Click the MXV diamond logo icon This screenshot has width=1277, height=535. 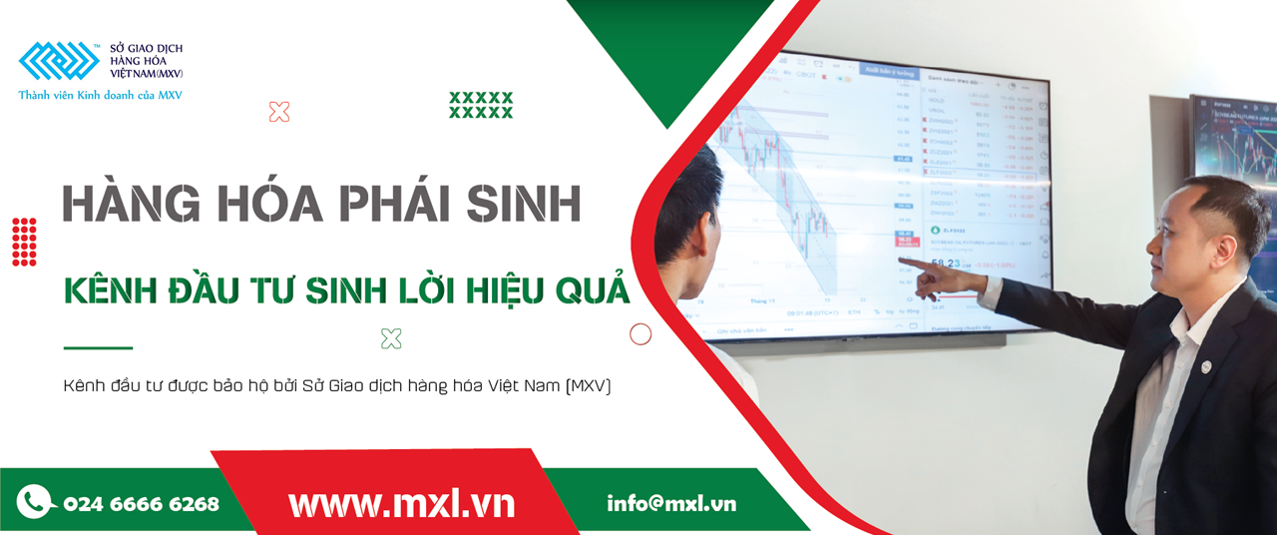[59, 61]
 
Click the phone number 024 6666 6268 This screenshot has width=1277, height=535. [141, 504]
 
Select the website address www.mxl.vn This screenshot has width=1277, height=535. [401, 503]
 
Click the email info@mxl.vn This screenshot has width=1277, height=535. [670, 503]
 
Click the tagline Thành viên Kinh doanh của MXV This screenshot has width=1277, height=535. [100, 96]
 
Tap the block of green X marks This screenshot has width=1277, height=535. [481, 105]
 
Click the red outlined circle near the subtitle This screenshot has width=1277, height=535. [640, 334]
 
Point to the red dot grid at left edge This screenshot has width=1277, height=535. [24, 242]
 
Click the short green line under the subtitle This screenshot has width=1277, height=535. [98, 348]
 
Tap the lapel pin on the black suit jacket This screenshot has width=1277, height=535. [1207, 366]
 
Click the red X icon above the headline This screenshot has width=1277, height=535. [279, 112]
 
